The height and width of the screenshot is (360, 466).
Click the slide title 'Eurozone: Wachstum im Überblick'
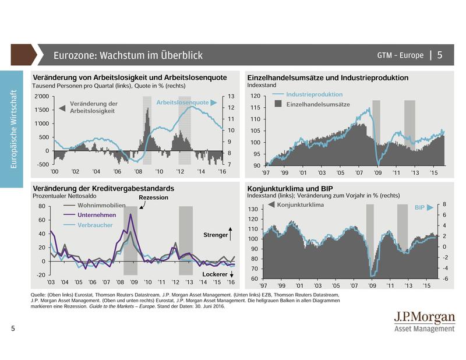click(x=128, y=56)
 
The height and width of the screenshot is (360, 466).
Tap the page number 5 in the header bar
click(x=440, y=55)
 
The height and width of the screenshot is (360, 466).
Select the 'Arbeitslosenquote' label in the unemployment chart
click(x=183, y=103)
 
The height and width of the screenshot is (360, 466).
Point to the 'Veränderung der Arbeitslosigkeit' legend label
click(x=93, y=107)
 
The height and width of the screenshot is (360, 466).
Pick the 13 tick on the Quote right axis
click(x=231, y=96)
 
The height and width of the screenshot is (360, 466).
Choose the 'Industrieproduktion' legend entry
click(x=315, y=94)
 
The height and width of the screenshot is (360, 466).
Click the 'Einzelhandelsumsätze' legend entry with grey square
click(x=317, y=104)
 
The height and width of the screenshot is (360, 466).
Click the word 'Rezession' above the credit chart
click(x=154, y=198)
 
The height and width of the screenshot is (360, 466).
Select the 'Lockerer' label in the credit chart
click(x=214, y=273)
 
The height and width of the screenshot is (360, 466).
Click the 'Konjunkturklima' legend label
click(x=302, y=206)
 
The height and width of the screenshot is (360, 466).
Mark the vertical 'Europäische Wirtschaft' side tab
click(x=13, y=129)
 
